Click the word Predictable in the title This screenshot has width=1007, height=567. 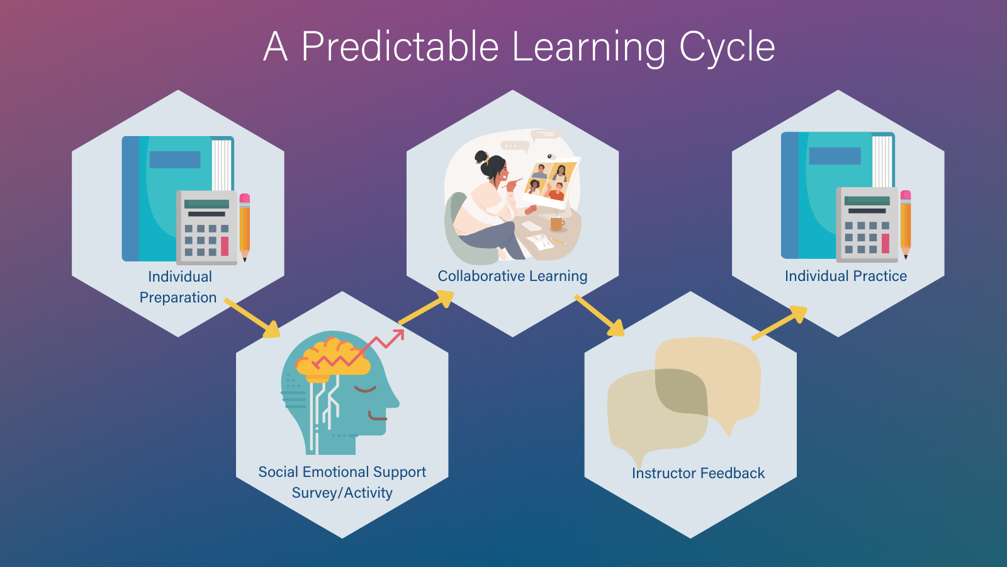[x=400, y=47]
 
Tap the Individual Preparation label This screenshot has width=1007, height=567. [x=179, y=287]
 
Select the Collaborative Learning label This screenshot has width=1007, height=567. [x=512, y=276]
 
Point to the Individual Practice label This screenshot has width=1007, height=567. [x=845, y=276]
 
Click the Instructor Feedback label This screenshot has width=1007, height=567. [x=698, y=473]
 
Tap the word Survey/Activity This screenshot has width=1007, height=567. [x=342, y=493]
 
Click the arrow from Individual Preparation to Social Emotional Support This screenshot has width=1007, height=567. [x=252, y=318]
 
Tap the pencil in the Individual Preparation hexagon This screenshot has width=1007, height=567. [x=245, y=227]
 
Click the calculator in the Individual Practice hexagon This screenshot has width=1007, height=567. [x=867, y=225]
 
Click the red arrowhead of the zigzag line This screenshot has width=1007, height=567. [x=398, y=335]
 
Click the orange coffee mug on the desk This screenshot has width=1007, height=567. [x=557, y=223]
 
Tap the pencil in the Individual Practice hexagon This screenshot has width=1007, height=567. [x=906, y=224]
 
